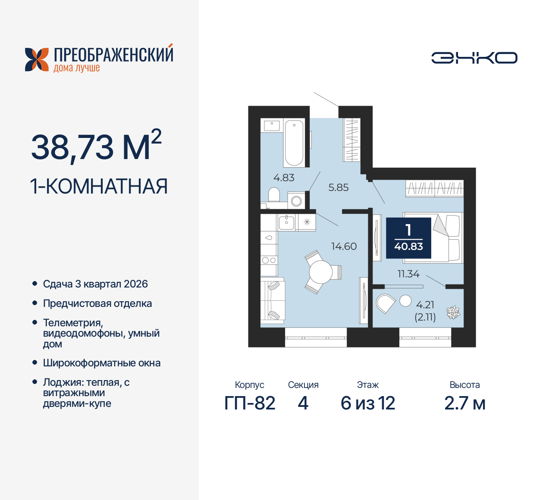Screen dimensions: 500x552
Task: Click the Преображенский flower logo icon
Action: (x=37, y=59)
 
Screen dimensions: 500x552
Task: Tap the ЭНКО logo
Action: (x=474, y=58)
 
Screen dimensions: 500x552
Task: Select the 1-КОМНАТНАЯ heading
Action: (x=99, y=187)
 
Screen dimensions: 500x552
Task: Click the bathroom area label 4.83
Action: (x=284, y=178)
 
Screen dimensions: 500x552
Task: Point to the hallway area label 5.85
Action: (x=338, y=187)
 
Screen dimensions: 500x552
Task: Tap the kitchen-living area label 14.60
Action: (x=344, y=247)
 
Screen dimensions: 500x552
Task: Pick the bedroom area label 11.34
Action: (x=408, y=274)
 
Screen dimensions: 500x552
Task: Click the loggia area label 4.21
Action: (x=425, y=305)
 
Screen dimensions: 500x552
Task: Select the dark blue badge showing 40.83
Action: (x=408, y=238)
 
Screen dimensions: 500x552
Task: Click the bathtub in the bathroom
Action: (x=294, y=143)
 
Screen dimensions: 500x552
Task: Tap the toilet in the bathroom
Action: (x=274, y=195)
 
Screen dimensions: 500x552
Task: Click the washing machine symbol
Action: (x=296, y=201)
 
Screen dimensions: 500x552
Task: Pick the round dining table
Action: (x=320, y=272)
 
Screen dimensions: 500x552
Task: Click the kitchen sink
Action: (x=286, y=222)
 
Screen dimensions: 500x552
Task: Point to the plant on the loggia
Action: (x=453, y=312)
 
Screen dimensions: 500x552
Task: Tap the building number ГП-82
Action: (x=250, y=403)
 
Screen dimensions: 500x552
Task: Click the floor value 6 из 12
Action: (x=367, y=403)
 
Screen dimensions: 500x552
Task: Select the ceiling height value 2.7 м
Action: (x=464, y=403)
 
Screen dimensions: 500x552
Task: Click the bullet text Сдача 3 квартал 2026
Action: (x=95, y=284)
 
